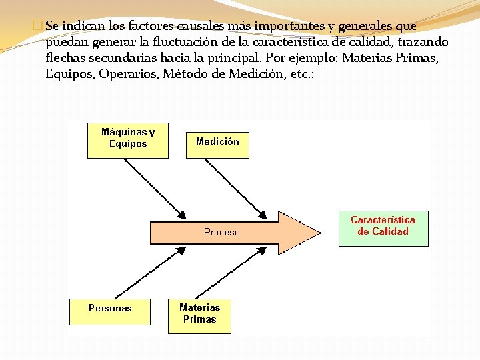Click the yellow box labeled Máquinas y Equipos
(128, 140)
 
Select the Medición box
(217, 142)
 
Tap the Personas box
(110, 309)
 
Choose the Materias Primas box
(199, 315)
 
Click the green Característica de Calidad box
(383, 227)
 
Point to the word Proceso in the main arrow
(221, 233)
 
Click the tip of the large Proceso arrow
(318, 233)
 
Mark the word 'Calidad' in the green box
(390, 232)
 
